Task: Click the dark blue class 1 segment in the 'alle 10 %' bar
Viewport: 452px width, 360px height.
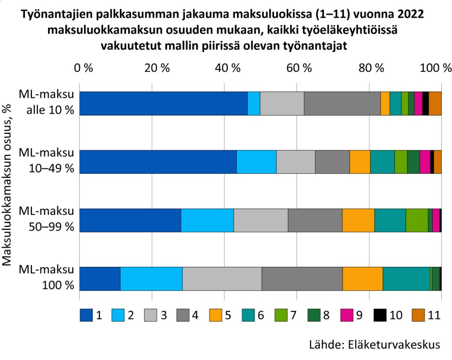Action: click(x=163, y=104)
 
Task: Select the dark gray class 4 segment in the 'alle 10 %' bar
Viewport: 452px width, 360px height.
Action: click(x=342, y=104)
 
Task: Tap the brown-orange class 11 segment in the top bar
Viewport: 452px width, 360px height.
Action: click(x=435, y=104)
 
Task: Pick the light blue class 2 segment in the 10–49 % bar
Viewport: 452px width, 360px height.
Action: click(x=256, y=162)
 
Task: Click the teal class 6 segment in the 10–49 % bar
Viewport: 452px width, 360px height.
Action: click(x=382, y=162)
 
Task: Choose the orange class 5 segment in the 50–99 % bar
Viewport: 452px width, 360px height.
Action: click(x=358, y=220)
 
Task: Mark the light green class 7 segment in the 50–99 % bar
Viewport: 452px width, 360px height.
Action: click(x=417, y=220)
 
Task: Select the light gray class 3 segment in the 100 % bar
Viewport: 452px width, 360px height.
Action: click(x=222, y=278)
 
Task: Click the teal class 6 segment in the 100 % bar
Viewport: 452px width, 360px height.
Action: click(x=407, y=278)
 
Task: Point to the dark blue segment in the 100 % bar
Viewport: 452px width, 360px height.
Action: click(x=100, y=278)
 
